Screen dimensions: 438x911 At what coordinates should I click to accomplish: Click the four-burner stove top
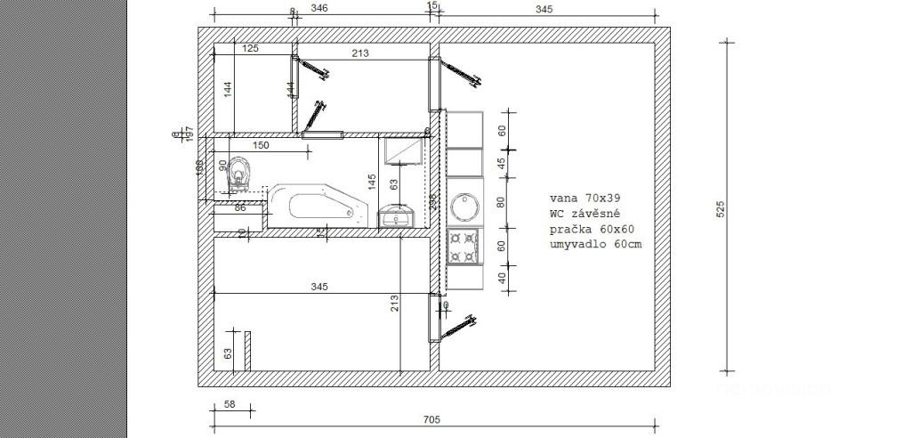463,246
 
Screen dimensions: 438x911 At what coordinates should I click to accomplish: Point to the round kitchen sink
464,207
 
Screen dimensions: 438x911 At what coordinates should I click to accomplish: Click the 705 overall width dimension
431,419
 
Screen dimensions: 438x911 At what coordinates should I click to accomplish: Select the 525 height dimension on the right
722,207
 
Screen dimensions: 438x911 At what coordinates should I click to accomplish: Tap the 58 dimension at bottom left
230,404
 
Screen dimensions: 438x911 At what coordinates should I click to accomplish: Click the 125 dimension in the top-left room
250,49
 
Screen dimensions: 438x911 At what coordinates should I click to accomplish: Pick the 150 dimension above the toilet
261,145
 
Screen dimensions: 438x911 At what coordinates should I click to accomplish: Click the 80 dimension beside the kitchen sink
500,201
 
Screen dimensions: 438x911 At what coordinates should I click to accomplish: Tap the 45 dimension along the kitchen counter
500,163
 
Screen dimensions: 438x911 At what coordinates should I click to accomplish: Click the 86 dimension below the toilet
239,208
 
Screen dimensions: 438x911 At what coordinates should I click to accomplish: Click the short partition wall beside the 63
249,352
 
